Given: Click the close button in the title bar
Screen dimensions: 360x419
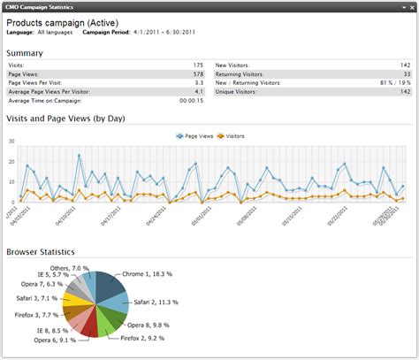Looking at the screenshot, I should click(410, 6).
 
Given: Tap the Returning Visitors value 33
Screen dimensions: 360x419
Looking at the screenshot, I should click(406, 73).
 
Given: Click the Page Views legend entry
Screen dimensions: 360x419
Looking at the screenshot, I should click(195, 137).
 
